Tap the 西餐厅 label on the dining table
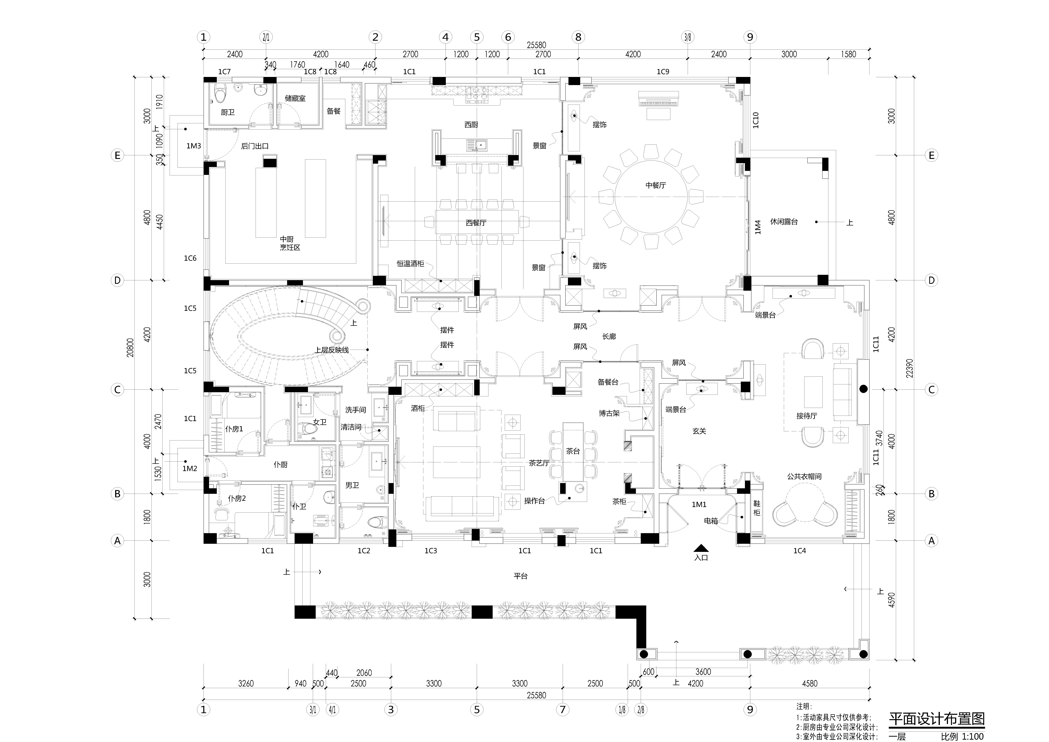476,223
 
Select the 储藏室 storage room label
295,98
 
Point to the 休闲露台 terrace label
784,222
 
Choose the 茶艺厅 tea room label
539,463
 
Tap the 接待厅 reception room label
807,416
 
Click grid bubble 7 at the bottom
562,710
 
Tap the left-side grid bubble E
117,155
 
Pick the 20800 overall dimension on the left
131,347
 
